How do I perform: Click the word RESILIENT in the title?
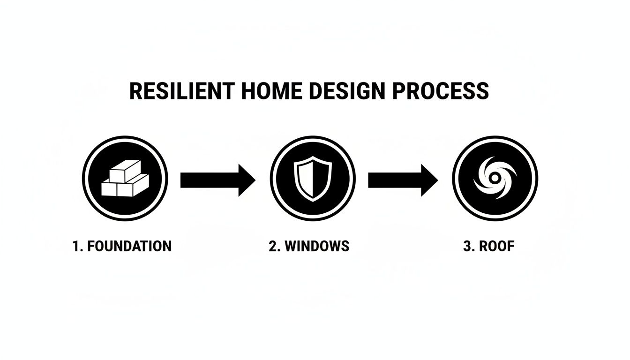[180, 91]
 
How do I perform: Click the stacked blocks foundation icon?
[125, 179]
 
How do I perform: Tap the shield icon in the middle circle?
[313, 179]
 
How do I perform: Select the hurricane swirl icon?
[495, 179]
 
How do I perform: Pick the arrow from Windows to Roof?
[403, 180]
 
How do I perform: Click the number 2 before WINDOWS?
[273, 246]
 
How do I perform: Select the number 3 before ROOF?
[467, 246]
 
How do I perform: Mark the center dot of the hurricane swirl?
[495, 178]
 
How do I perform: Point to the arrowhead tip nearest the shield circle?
[255, 180]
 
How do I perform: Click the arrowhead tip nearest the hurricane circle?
[437, 180]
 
